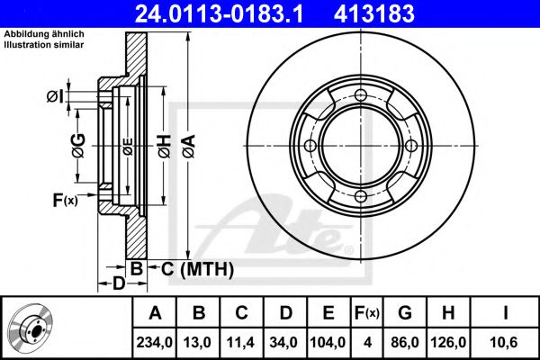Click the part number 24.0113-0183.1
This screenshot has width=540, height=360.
pyautogui.click(x=219, y=13)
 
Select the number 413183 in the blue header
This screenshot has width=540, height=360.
pyautogui.click(x=374, y=13)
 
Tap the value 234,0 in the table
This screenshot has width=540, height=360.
pyautogui.click(x=154, y=342)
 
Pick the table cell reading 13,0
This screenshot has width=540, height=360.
pyautogui.click(x=197, y=342)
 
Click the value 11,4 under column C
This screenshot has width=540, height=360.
pyautogui.click(x=240, y=342)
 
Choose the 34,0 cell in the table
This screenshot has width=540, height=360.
pyautogui.click(x=283, y=342)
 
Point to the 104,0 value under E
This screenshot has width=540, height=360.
pyautogui.click(x=328, y=342)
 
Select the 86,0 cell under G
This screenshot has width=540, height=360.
pyautogui.click(x=405, y=342)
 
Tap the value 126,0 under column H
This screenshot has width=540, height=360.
pyautogui.click(x=448, y=342)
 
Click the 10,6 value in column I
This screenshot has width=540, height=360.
pyautogui.click(x=505, y=342)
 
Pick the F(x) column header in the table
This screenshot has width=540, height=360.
pyautogui.click(x=367, y=313)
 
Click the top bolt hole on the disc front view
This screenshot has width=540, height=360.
pyautogui.click(x=361, y=94)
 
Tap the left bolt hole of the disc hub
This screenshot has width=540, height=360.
pyautogui.click(x=310, y=146)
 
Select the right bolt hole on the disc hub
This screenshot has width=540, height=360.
pyautogui.click(x=411, y=146)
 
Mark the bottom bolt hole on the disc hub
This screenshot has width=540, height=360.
pyautogui.click(x=361, y=196)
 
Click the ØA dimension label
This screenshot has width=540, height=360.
pyautogui.click(x=189, y=147)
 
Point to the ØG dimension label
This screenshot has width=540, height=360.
pyautogui.click(x=78, y=146)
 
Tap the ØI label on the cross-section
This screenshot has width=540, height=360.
pyautogui.click(x=55, y=96)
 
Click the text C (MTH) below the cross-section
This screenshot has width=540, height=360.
pyautogui.click(x=197, y=269)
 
